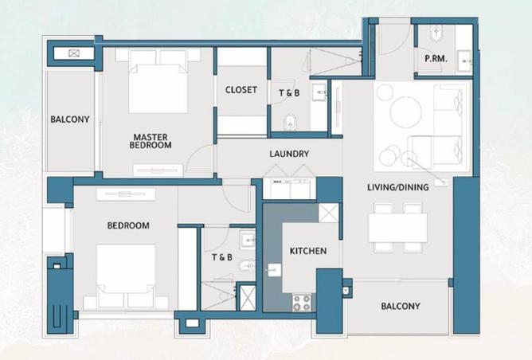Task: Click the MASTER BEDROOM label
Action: point(151,141)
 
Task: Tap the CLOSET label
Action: point(241,90)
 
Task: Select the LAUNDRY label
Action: point(289,154)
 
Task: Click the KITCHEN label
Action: point(307,251)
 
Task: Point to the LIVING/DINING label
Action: point(397,187)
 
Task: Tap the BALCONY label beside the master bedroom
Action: point(70,119)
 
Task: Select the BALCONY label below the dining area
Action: point(400,307)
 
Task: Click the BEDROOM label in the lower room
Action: point(128,225)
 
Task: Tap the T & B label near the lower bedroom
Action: point(221,257)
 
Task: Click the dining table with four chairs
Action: point(397,228)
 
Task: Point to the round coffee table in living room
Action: point(405,112)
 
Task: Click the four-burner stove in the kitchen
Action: point(302,303)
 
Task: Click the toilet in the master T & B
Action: point(290,122)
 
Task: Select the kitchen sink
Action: point(274,269)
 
